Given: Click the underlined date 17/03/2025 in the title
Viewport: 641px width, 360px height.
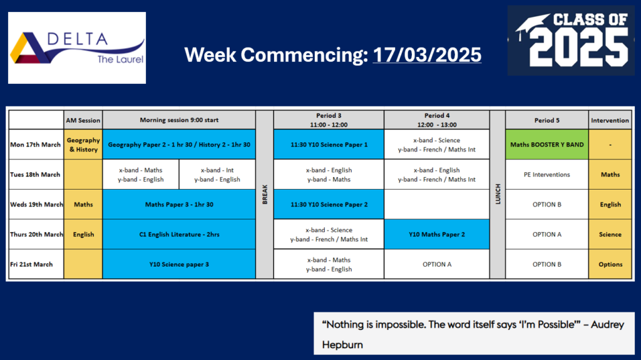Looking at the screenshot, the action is point(427,55).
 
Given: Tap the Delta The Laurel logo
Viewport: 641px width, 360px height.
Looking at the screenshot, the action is point(77,48).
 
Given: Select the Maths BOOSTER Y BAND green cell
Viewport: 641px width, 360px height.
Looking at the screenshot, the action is point(547,145).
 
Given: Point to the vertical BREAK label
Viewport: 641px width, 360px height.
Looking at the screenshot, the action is point(265,194).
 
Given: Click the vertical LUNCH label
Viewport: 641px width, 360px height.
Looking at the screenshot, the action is point(498,194).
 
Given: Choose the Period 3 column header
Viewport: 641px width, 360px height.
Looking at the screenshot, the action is point(329,120).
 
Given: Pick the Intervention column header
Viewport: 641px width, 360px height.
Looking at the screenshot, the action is point(610,120).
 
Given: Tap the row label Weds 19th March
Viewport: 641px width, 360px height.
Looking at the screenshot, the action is point(36,205).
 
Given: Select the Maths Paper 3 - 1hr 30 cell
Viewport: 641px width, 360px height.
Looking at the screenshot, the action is point(179,205).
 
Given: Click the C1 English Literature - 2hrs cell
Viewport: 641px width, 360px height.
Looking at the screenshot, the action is point(179,234).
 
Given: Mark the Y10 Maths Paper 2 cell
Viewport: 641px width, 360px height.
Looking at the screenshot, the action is point(436,234).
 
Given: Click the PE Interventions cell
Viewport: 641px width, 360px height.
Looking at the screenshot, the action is point(547,175).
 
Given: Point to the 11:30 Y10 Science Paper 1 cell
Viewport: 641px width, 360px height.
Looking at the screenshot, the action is point(329,145).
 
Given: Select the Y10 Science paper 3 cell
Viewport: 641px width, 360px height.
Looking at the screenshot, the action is point(179,264).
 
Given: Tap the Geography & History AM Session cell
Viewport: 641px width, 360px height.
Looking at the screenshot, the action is point(83,145).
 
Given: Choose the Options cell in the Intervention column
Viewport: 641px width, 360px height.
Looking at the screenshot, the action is point(610,264).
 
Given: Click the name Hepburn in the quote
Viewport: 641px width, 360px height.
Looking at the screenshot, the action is point(342,345).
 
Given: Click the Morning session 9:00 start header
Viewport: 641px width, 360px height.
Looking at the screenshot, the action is point(179,120).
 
